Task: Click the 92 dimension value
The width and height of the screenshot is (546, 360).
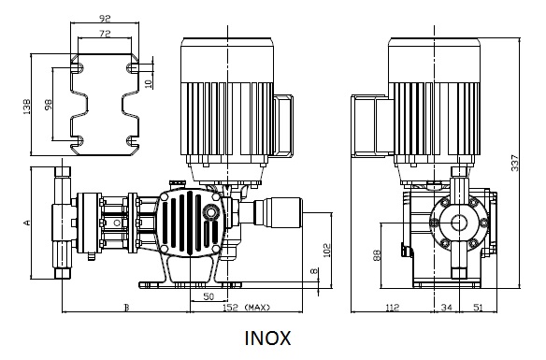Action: click(x=105, y=19)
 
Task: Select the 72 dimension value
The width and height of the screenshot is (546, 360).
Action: click(x=105, y=34)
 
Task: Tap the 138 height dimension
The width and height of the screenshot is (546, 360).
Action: click(x=26, y=107)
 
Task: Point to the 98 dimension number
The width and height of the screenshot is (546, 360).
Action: click(x=48, y=105)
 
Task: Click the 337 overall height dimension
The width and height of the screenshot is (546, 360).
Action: click(x=514, y=163)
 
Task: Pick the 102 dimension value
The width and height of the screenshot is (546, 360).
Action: click(x=327, y=251)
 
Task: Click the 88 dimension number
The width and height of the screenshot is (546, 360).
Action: click(x=377, y=255)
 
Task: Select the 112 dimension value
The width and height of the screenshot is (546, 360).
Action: click(x=392, y=308)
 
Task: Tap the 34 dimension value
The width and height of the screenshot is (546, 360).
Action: click(x=447, y=308)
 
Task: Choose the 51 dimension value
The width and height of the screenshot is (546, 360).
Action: click(x=479, y=308)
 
